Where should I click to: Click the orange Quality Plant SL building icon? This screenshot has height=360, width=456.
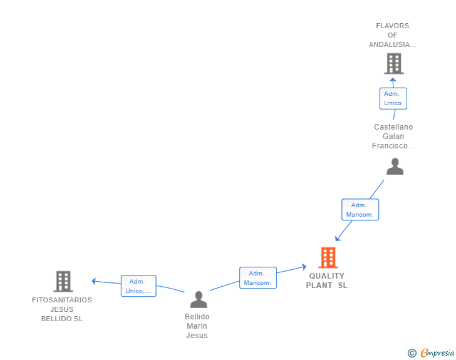pos(328,257)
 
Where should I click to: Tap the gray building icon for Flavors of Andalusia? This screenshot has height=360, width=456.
pos(394,63)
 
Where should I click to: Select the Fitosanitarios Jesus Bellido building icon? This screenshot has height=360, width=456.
pos(63,281)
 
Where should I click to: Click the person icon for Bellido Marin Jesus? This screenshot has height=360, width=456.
pos(199,299)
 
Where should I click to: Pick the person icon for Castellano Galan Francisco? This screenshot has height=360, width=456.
pos(395,166)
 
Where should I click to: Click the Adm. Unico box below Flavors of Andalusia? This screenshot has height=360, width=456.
pos(393,98)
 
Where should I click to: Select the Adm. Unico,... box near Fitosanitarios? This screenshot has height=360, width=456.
pos(138,286)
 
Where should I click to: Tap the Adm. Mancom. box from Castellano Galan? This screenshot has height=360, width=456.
pos(360,210)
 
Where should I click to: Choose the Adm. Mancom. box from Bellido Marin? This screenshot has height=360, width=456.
pos(258,278)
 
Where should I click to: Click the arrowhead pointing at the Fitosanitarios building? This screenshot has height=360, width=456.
pos(94,281)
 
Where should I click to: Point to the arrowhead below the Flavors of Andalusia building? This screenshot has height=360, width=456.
pos(393,80)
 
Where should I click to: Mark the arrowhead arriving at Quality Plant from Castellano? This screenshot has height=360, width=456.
pos(338,239)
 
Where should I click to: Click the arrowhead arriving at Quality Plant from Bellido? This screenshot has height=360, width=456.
pos(304,266)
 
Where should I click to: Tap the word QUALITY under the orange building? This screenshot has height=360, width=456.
pos(327,275)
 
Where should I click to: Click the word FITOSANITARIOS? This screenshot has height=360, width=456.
pos(62,300)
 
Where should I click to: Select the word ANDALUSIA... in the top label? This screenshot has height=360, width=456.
pos(393,44)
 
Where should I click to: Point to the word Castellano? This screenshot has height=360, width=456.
pos(393,127)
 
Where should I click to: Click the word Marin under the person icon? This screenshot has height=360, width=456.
pos(197,326)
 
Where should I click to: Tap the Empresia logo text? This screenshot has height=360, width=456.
pos(437,352)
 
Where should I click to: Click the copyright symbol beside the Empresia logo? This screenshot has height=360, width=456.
pos(412,353)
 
